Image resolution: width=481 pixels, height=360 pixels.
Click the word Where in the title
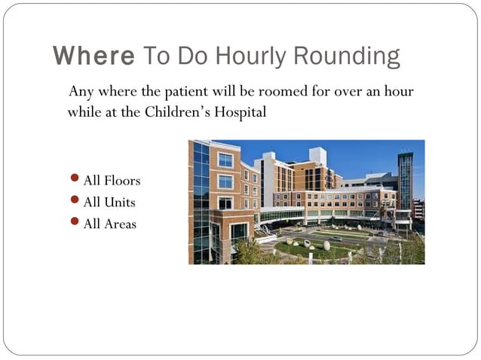93,56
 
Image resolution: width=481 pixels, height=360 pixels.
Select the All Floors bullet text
112,181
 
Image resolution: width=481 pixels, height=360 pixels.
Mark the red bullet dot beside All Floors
74,180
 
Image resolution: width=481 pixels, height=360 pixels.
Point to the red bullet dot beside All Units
74,201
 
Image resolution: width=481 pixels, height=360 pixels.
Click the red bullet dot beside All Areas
74,223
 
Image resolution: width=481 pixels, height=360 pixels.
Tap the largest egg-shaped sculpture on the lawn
326,246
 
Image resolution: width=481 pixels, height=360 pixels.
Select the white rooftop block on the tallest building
317,156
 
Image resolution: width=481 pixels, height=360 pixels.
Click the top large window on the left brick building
225,160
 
